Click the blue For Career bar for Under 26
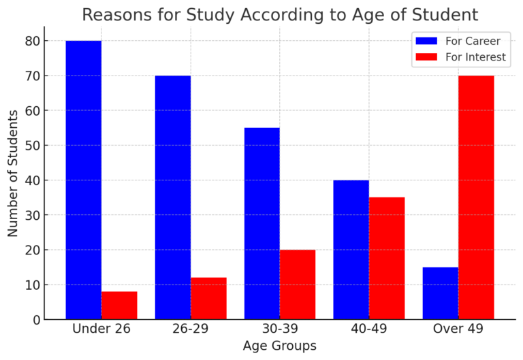[83, 180]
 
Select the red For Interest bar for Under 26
[119, 306]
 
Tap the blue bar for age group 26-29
[172, 197]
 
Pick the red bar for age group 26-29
[208, 299]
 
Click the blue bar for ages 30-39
[261, 223]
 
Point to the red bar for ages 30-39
[298, 284]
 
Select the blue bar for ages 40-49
[351, 250]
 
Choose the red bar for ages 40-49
[387, 259]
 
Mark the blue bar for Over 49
[440, 293]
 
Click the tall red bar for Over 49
[476, 197]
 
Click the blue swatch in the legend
[426, 41]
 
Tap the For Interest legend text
[475, 57]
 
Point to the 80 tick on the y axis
[31, 41]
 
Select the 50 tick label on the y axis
[31, 146]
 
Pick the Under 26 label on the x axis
[101, 329]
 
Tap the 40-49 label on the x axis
[368, 329]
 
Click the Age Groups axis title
[279, 346]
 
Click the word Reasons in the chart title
[114, 14]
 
